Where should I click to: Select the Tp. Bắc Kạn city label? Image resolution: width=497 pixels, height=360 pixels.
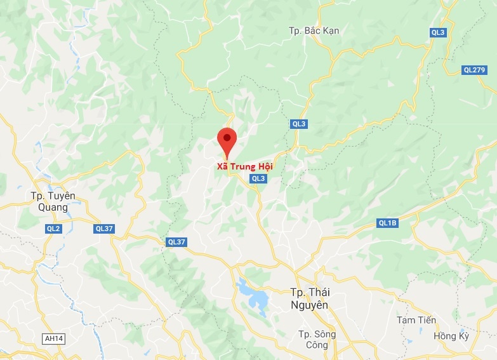point(314,30)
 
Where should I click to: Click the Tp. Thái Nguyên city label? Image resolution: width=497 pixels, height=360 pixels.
point(314,298)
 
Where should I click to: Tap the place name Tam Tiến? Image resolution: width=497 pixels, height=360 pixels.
point(416,320)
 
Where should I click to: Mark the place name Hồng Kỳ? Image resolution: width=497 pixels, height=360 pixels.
point(450,336)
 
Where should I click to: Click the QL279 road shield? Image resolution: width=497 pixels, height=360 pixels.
point(474,70)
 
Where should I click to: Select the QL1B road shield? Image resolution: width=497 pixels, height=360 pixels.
point(387,222)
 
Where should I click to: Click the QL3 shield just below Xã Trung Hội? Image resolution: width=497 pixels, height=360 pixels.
point(258,179)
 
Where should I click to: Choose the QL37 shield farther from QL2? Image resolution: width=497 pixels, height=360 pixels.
point(176,242)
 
